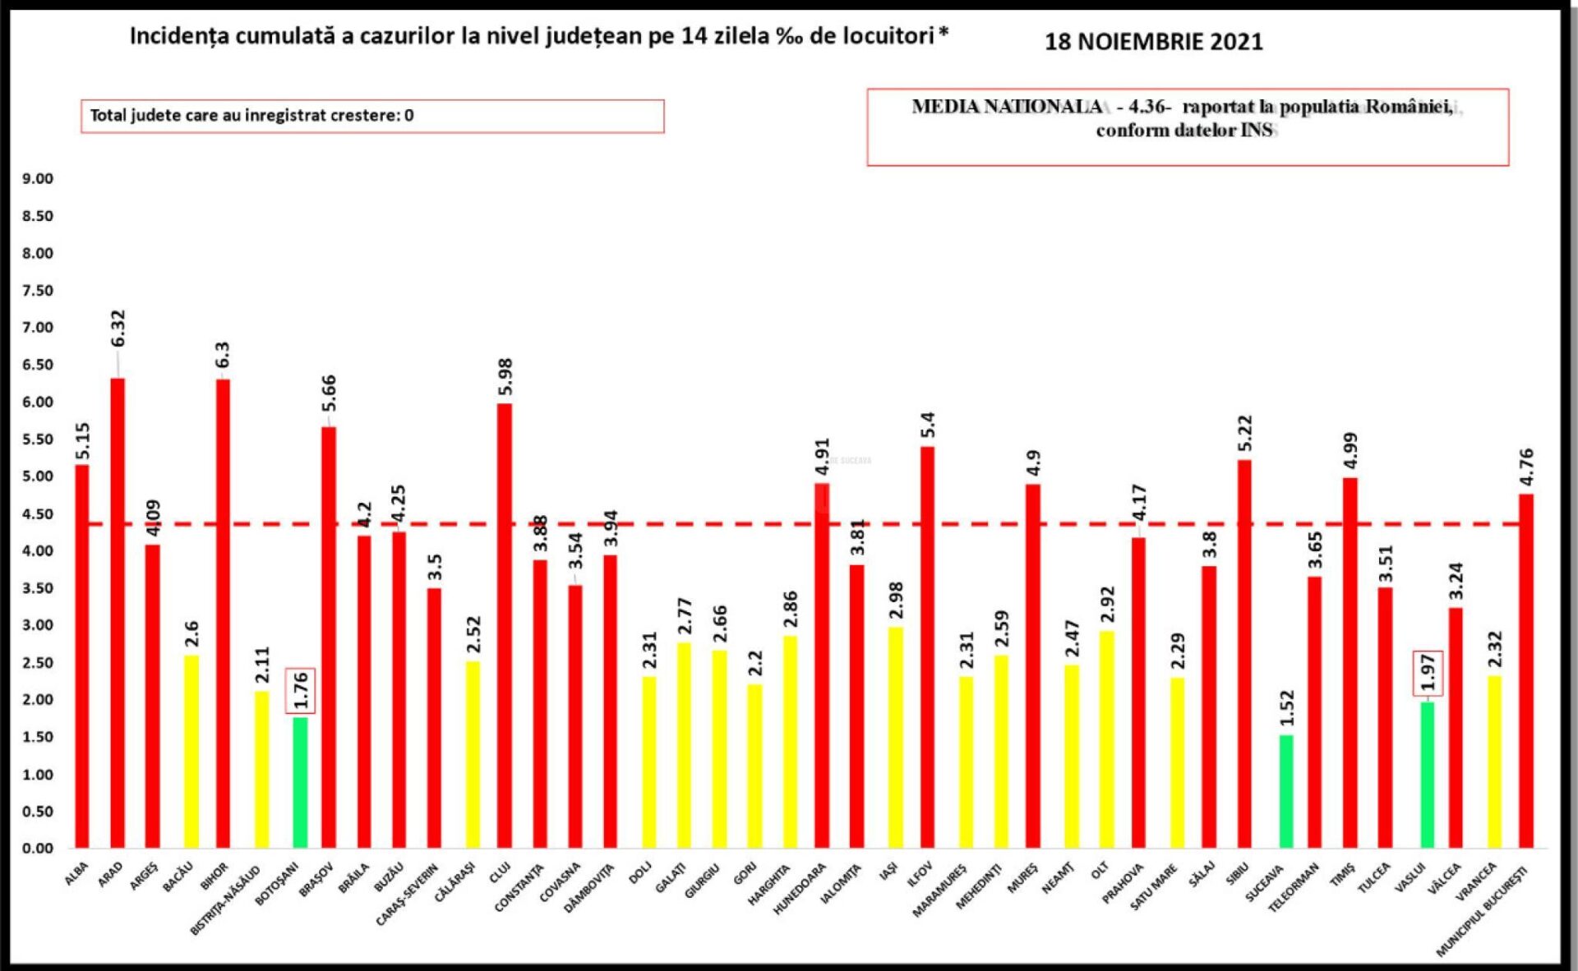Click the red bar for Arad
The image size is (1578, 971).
pos(118,612)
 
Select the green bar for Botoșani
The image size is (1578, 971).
pos(300,782)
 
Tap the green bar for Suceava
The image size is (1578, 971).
pos(1286,791)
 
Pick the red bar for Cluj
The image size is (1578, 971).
pos(505,624)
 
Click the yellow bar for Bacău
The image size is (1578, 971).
pos(191,751)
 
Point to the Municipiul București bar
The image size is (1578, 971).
pos(1526,670)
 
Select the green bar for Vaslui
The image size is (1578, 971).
pos(1428,775)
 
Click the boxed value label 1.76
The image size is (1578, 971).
pos(301,690)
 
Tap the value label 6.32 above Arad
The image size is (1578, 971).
pos(118,329)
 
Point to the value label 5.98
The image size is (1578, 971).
pos(505,376)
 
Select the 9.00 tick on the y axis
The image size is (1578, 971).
pos(38,179)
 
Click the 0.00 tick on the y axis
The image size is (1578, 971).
pos(38,848)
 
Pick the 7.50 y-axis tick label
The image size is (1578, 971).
pos(38,291)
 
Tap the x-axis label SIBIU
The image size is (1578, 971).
pos(1238,874)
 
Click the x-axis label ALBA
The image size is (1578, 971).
pos(76,874)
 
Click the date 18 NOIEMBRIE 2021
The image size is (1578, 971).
pos(1153,42)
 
